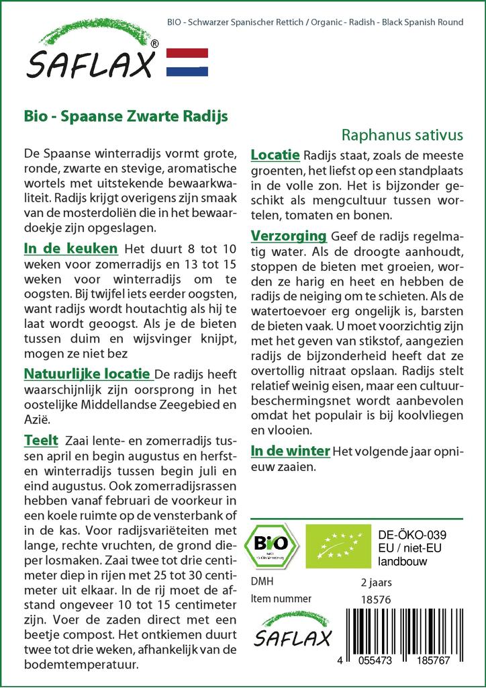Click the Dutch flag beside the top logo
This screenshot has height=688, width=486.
click(x=187, y=62)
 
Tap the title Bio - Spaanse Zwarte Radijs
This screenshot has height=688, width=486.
click(x=126, y=116)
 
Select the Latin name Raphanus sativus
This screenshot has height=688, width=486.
click(x=402, y=134)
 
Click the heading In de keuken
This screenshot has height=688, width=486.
click(x=70, y=249)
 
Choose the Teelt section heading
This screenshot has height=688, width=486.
click(x=40, y=441)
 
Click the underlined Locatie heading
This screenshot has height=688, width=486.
click(x=275, y=155)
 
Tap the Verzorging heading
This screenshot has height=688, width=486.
click(x=288, y=236)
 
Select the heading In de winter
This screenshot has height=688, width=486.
click(x=290, y=450)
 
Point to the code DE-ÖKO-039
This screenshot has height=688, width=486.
click(x=412, y=535)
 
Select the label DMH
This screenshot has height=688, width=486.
click(x=262, y=582)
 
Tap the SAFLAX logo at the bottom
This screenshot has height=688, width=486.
click(x=293, y=630)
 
